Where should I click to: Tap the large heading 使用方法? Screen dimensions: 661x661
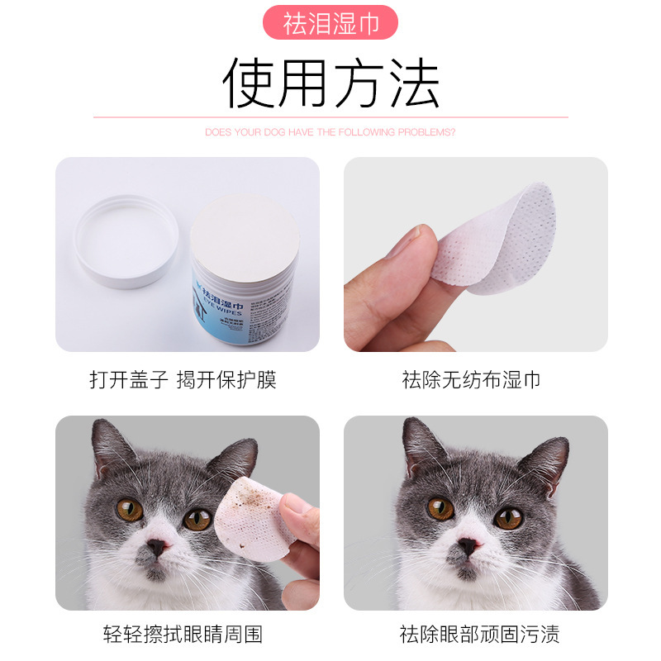tap(330, 83)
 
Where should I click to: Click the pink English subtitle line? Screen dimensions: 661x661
tap(330, 132)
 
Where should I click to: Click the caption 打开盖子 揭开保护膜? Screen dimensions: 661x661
tap(183, 379)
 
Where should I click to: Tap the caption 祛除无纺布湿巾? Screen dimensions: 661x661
tap(471, 379)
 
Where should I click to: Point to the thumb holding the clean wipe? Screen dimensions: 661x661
tap(413, 248)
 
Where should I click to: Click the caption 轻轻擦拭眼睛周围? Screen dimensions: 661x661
tap(183, 634)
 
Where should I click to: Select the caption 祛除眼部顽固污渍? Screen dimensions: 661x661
tap(479, 634)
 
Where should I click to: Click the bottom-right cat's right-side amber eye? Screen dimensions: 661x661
tap(508, 518)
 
